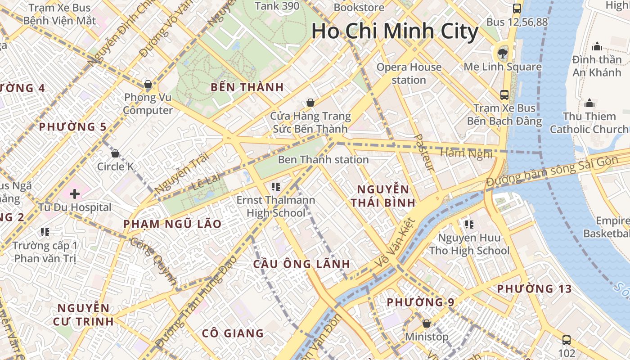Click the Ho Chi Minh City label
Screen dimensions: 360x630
(395, 31)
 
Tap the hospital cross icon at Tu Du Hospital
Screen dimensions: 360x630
(75, 194)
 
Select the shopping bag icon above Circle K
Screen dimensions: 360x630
(115, 153)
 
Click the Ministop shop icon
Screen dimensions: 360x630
(427, 324)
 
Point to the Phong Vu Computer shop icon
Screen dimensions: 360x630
(148, 84)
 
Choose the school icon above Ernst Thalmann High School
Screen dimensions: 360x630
(276, 186)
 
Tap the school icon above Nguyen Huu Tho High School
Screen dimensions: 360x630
(469, 224)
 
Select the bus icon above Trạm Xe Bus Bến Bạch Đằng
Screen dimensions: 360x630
(504, 95)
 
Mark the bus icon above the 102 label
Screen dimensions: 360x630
(567, 340)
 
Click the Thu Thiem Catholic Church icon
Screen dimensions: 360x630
(589, 103)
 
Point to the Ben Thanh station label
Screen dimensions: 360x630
(323, 159)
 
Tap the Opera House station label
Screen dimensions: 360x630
(409, 73)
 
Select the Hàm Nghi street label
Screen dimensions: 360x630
(466, 153)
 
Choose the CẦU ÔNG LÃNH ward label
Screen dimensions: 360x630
(301, 264)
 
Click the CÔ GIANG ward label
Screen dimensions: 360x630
(233, 333)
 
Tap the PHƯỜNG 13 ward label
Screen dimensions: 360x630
(534, 288)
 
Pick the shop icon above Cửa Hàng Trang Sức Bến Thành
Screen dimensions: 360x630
(310, 103)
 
